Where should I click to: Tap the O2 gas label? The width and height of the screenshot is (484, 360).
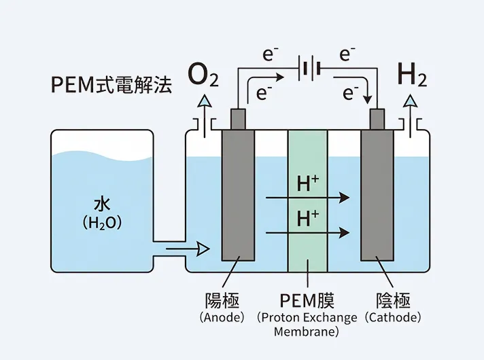tap(204, 76)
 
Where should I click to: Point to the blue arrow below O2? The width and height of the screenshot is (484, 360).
tap(203, 107)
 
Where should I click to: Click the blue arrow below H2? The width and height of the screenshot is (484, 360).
tap(410, 107)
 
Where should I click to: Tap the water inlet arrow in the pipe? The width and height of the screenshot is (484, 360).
tap(187, 249)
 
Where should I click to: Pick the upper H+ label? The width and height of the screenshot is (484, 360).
tap(308, 183)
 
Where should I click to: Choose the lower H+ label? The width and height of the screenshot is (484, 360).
tap(308, 218)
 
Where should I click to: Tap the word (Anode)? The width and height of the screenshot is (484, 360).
tap(222, 317)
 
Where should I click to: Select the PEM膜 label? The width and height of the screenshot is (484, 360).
tap(307, 300)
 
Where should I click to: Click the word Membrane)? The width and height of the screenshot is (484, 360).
tap(307, 332)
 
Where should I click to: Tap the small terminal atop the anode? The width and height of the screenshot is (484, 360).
tap(239, 118)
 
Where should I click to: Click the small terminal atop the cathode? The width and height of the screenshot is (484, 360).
tap(377, 118)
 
